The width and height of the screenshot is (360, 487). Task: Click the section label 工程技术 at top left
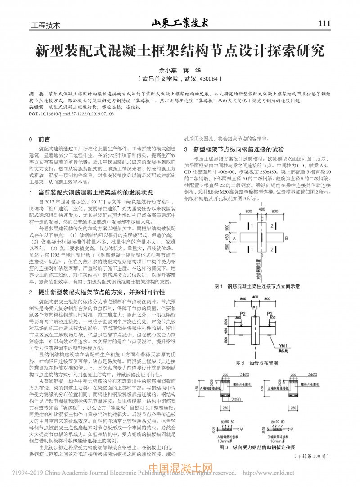[45, 25]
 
